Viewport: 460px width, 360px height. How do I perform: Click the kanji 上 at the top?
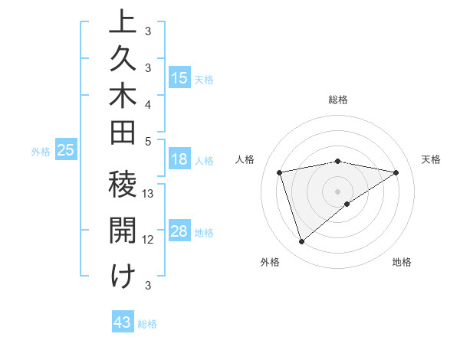pos(123,22)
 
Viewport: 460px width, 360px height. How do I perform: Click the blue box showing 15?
pos(179,78)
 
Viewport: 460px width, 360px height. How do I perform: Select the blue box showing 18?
pos(179,160)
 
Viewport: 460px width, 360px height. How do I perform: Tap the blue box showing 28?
pos(179,232)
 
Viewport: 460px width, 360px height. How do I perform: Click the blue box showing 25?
pos(66,151)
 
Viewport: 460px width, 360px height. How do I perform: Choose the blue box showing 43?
pos(123,322)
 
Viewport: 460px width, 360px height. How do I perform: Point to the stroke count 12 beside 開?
pos(149,239)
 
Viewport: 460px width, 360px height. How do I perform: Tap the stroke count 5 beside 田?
pos(148,141)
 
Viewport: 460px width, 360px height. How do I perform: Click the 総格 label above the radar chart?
pos(338,100)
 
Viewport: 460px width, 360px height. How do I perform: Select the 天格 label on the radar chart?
pos(432,159)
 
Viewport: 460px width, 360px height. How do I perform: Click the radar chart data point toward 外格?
pos(301,242)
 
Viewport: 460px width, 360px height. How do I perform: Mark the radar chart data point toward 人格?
pos(280,172)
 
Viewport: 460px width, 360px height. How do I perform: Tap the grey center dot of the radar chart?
pos(338,191)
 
